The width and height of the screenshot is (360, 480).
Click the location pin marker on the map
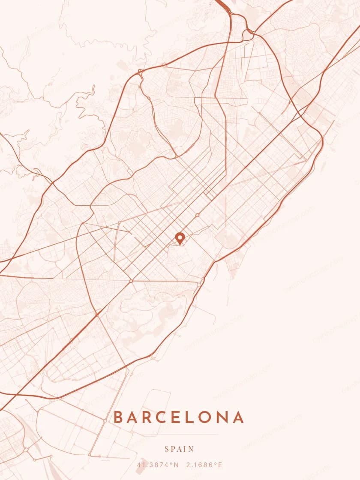coord(180,238)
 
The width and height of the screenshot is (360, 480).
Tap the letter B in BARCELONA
coord(118,417)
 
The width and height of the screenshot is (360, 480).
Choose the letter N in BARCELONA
coord(223,417)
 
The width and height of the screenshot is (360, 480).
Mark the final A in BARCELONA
coord(238,417)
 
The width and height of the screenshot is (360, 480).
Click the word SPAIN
coord(180,449)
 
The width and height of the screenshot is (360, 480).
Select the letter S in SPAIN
coord(167,449)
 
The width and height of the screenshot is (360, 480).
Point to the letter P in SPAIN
coord(173,449)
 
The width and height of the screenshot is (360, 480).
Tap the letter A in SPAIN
coord(180,449)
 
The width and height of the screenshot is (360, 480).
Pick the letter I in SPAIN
coord(185,449)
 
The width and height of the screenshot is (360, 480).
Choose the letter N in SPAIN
coord(191,449)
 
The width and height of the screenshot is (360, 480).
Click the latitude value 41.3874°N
coord(158,465)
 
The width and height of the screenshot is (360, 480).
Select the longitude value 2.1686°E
coord(204,465)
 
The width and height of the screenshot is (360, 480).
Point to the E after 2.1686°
coord(220,465)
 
